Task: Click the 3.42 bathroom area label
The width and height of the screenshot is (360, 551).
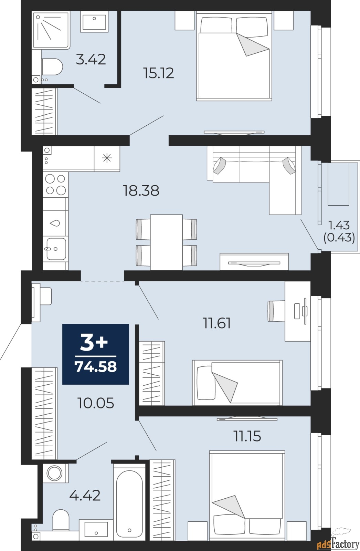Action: tap(91, 59)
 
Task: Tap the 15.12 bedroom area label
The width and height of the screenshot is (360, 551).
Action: tap(159, 73)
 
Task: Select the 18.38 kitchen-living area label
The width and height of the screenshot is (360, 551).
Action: tap(141, 190)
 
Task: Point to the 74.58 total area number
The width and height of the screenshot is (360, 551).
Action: tap(96, 367)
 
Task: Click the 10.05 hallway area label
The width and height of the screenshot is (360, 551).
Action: tap(96, 403)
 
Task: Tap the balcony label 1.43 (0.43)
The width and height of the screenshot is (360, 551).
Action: tap(339, 231)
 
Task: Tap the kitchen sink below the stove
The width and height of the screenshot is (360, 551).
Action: tap(55, 248)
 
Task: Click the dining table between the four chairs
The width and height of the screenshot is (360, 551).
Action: tap(166, 242)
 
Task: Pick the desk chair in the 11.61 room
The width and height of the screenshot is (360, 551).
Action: tap(275, 311)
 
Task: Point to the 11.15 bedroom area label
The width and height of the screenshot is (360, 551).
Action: tap(247, 436)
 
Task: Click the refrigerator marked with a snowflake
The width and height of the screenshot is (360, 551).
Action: tap(107, 158)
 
